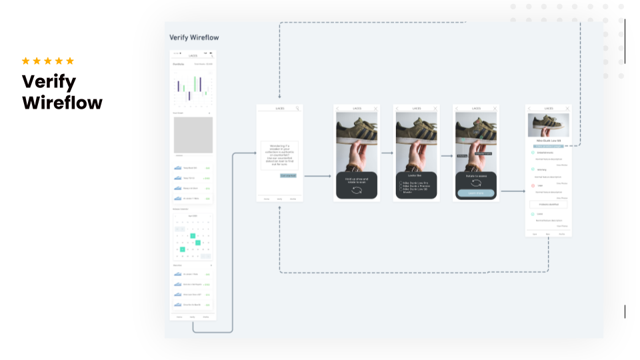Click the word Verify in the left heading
point(49,82)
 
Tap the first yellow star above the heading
point(26,61)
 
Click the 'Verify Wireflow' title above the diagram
point(194,37)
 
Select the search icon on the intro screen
point(298,108)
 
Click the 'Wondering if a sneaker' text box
point(279,155)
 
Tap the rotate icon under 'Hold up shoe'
point(357,191)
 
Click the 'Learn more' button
point(476,193)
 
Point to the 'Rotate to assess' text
point(476,176)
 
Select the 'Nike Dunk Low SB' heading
point(548,141)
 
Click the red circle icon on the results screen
point(533,185)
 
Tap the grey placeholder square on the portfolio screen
point(193,135)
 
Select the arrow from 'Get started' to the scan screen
point(317,177)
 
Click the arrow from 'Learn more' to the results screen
point(511,191)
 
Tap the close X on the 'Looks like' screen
point(435,108)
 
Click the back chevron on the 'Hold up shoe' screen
point(338,108)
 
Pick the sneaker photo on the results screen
point(548,125)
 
